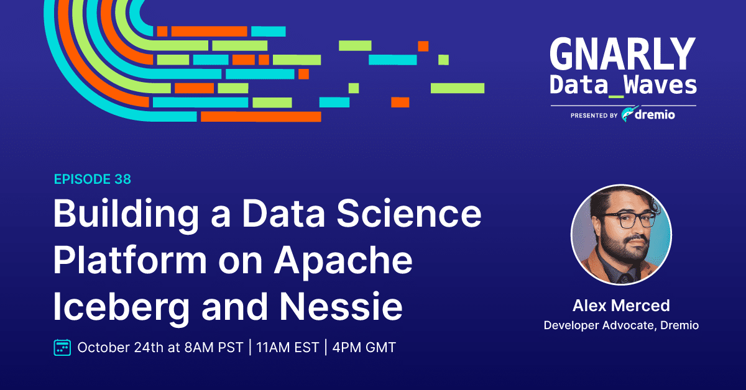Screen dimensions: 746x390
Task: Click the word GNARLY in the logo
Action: [x=623, y=53]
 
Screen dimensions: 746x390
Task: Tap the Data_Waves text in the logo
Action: [x=623, y=86]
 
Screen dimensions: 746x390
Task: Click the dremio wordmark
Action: [x=655, y=115]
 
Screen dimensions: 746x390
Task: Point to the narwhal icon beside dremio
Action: [x=628, y=114]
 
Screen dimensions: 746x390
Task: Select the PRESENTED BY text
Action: [x=594, y=116]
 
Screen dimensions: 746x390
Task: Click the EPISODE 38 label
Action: [x=93, y=179]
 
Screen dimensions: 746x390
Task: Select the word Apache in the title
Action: [x=343, y=261]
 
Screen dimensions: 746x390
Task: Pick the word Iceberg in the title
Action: [x=121, y=307]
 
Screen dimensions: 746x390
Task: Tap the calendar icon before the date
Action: [x=62, y=347]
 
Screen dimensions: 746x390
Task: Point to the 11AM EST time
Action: [x=288, y=347]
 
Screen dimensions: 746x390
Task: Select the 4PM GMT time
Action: [x=364, y=347]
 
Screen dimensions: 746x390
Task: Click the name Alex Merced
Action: [x=621, y=306]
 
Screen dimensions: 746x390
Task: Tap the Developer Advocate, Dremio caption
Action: [x=621, y=325]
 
